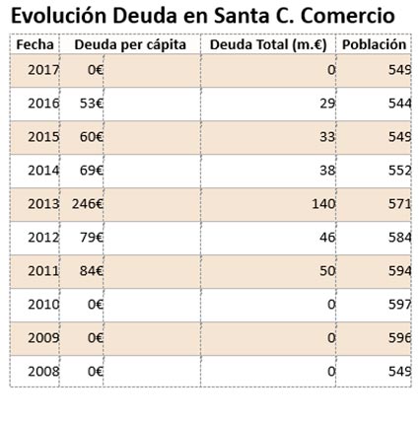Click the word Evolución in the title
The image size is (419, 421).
click(59, 16)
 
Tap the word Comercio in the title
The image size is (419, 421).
click(348, 16)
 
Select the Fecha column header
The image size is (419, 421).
click(35, 44)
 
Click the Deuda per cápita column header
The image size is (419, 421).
click(130, 45)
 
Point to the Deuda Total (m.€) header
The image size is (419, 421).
click(268, 45)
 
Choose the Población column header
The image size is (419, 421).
click(375, 44)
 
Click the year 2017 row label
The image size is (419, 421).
click(43, 70)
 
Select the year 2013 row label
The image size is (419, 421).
click(43, 204)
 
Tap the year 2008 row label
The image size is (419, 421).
click(43, 372)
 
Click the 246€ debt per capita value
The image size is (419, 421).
click(88, 204)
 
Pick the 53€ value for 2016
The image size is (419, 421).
click(92, 104)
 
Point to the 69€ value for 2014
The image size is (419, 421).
click(92, 171)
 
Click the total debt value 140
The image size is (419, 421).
click(323, 204)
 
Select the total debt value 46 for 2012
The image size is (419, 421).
click(327, 238)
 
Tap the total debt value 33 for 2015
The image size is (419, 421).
click(327, 137)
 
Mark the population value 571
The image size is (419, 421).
click(399, 204)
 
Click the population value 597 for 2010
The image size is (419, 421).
click(399, 305)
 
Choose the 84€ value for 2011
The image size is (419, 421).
click(92, 271)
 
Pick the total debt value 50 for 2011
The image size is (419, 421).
click(327, 271)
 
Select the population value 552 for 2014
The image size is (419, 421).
click(399, 171)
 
